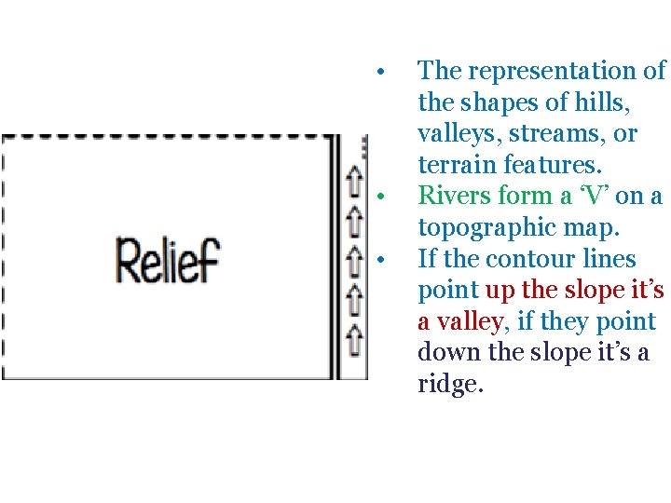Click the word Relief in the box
point(167,260)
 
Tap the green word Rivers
point(454,196)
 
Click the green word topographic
point(496,227)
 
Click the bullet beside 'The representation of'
point(380,72)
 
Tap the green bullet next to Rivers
point(380,197)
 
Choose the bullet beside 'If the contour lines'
point(380,260)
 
